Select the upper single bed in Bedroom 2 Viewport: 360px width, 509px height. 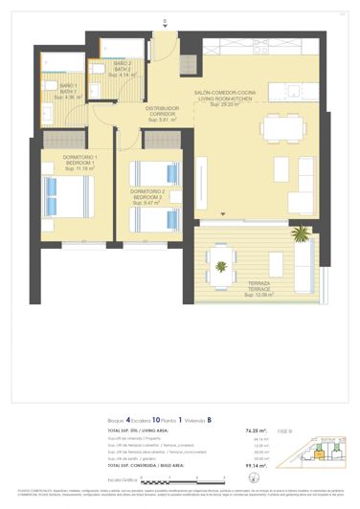pyautogui.click(x=153, y=172)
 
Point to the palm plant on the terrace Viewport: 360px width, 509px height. pyautogui.click(x=302, y=232)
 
